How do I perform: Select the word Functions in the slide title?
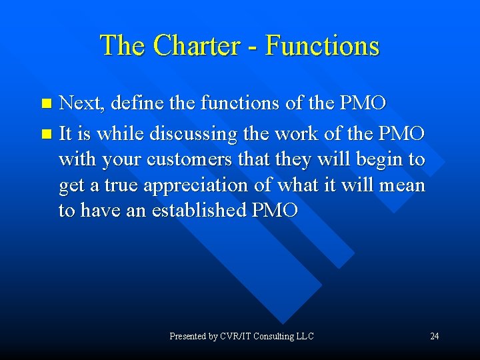(x=322, y=46)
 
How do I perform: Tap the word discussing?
(x=194, y=134)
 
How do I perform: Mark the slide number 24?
(x=434, y=336)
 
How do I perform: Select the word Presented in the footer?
(x=187, y=336)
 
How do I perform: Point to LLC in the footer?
(x=304, y=336)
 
